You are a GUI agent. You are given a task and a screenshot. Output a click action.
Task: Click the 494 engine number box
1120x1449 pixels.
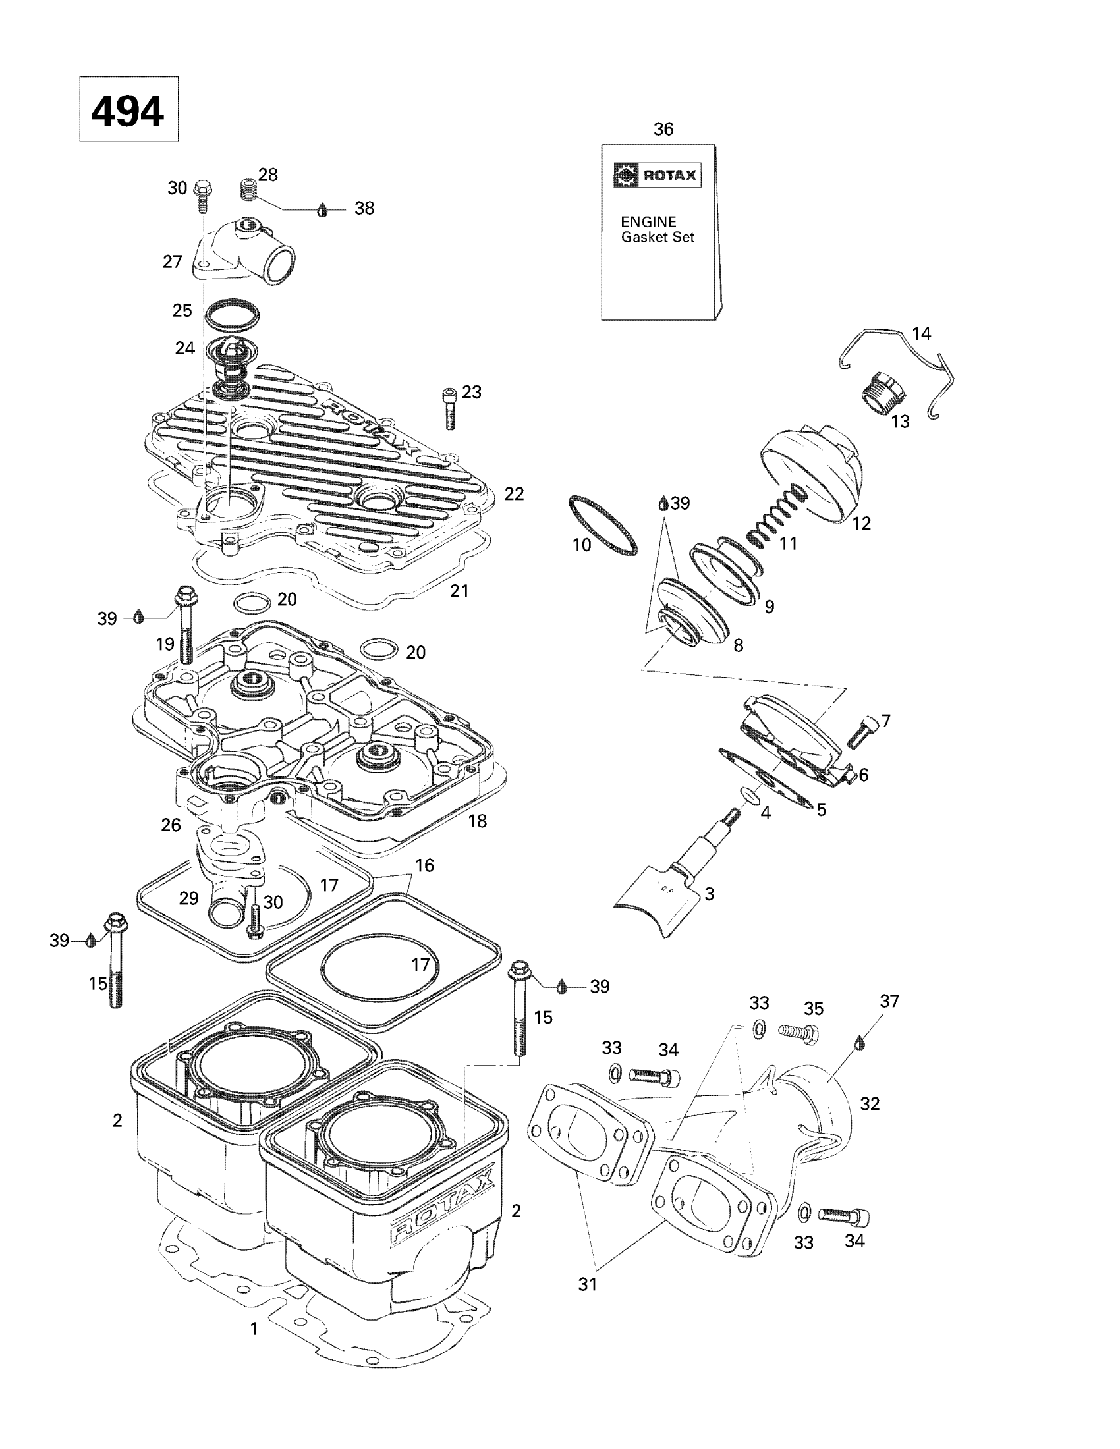[128, 109]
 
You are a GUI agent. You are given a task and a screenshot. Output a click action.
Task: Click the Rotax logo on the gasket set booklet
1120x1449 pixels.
[656, 175]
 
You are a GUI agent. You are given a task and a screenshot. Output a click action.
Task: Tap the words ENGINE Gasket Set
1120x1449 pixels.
[658, 230]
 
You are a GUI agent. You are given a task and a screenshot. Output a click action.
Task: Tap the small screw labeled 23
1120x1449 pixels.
[449, 408]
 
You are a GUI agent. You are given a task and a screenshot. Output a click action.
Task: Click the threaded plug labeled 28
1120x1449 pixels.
[248, 189]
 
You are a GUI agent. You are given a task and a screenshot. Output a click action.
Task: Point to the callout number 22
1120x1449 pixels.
[515, 493]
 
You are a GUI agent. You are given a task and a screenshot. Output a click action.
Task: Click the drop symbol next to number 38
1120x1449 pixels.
[322, 209]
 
